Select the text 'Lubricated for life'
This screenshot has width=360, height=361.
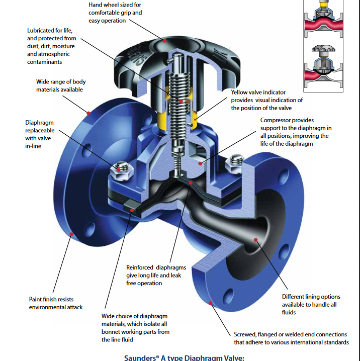[51, 31]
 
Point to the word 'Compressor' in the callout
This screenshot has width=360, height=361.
[277, 120]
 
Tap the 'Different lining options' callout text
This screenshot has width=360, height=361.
[311, 297]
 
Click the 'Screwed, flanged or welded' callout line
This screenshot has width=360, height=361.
[290, 334]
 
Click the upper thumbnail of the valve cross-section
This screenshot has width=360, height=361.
[327, 19]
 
